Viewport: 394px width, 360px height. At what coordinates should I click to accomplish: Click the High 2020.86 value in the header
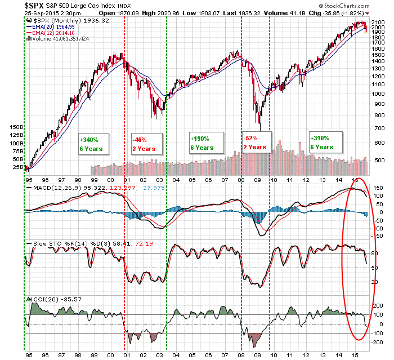159,13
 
